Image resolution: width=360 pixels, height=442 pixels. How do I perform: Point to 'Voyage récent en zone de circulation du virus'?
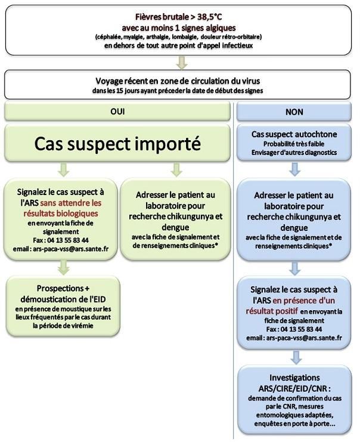click(180, 81)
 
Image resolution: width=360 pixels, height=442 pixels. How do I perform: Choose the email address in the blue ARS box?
click(296, 338)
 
